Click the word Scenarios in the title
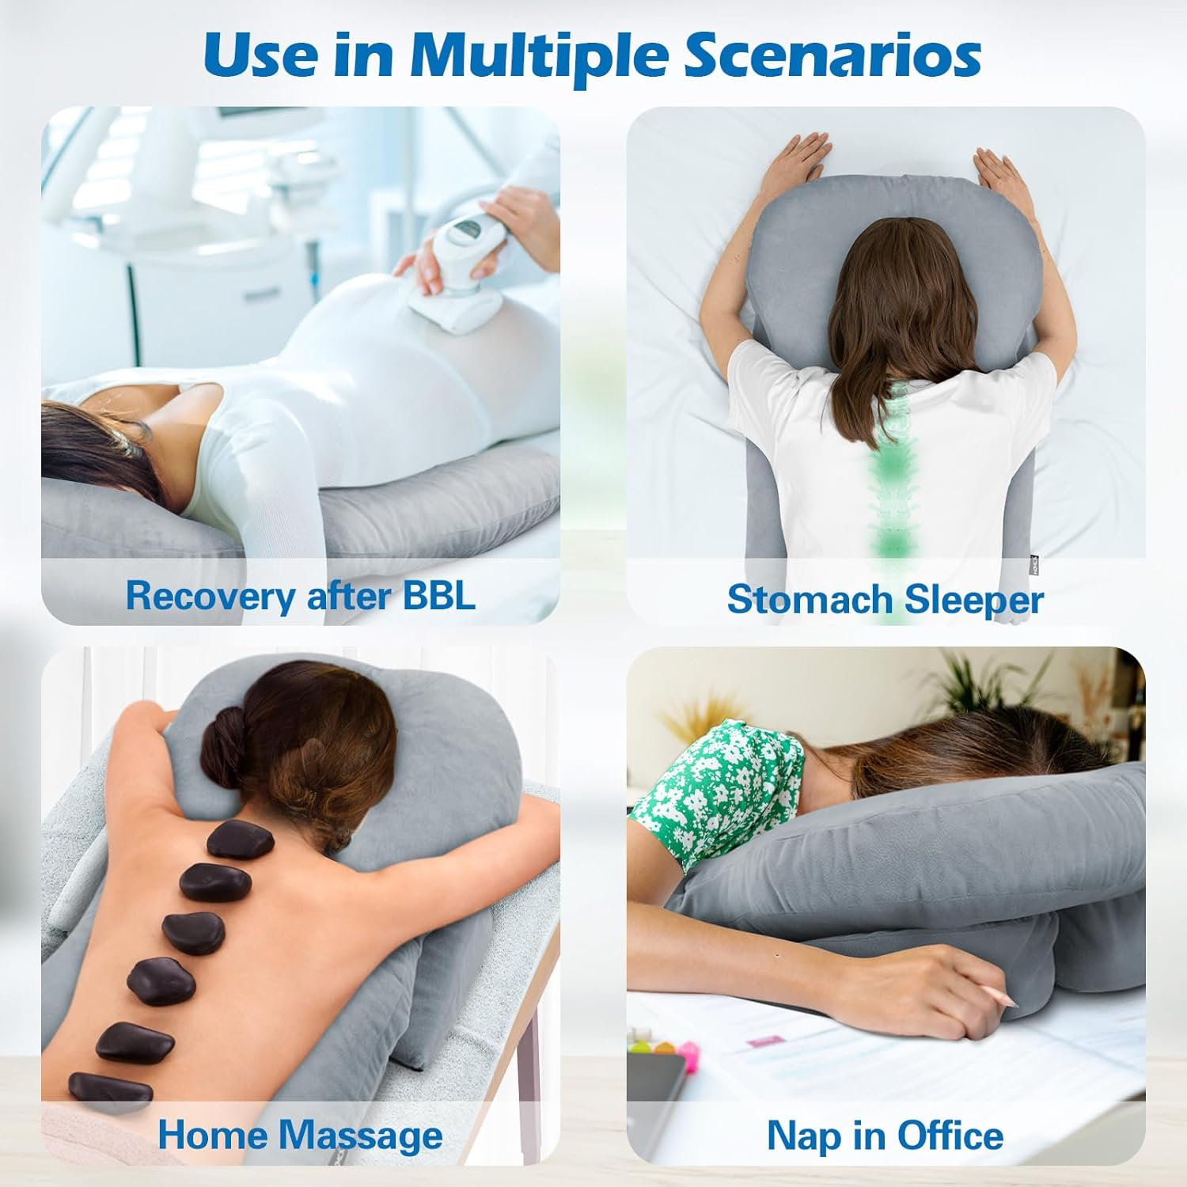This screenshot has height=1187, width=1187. tap(832, 55)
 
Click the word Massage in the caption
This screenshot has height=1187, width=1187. tap(361, 1136)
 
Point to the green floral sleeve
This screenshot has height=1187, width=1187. tap(712, 799)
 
